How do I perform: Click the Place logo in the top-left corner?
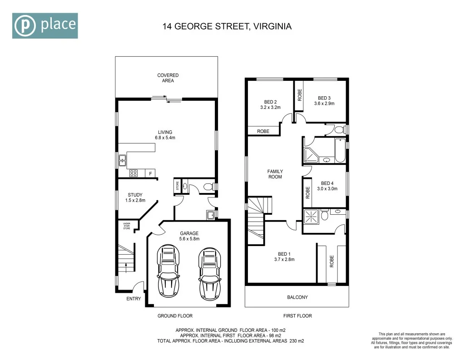45,25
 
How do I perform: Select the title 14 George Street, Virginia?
227,26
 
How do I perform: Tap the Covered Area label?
168,78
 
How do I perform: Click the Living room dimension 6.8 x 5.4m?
165,137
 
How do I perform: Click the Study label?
135,195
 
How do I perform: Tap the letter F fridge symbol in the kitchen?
150,173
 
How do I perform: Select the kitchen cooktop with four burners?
134,173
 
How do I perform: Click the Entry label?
134,299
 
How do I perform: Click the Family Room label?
275,174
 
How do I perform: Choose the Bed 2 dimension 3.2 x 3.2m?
271,108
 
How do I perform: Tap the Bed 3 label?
324,98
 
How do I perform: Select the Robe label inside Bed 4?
307,193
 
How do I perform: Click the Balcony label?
297,297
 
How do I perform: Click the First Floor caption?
298,316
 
